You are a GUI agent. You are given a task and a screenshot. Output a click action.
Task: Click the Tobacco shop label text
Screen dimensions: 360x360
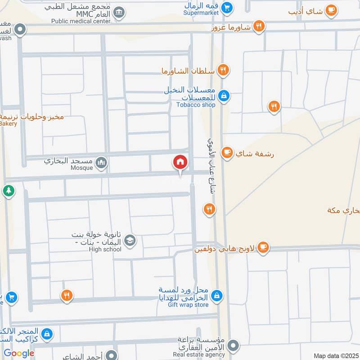click(x=196, y=105)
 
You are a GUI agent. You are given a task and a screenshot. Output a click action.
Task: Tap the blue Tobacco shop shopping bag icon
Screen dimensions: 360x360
click(x=224, y=95)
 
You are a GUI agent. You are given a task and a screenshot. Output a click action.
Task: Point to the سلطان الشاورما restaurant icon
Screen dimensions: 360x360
click(x=223, y=70)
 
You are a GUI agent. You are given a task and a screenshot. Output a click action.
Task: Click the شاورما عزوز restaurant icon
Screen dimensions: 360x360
click(x=258, y=26)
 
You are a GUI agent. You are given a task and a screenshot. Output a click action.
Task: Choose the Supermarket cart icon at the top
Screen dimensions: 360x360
click(x=227, y=7)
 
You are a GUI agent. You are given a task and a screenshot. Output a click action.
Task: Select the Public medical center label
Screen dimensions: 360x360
click(x=81, y=21)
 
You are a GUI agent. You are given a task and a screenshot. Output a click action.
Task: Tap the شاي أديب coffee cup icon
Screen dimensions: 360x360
click(x=331, y=10)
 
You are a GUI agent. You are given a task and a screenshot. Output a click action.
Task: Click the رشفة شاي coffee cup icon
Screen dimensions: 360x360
click(x=228, y=153)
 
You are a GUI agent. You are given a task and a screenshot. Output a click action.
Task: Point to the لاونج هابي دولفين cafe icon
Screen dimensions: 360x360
click(x=263, y=247)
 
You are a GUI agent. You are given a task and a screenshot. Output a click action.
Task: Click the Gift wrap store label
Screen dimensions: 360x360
click(x=188, y=305)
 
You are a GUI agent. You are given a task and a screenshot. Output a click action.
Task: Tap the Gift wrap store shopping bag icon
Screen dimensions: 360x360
click(x=217, y=295)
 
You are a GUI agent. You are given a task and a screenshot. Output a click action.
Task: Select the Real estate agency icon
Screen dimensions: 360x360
click(x=233, y=346)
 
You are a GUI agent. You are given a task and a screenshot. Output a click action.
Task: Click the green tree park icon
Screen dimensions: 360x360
click(x=9, y=191)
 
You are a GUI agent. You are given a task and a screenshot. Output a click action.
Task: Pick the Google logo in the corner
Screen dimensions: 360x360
click(x=19, y=353)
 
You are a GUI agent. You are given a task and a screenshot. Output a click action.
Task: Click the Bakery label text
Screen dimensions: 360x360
click(x=8, y=123)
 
